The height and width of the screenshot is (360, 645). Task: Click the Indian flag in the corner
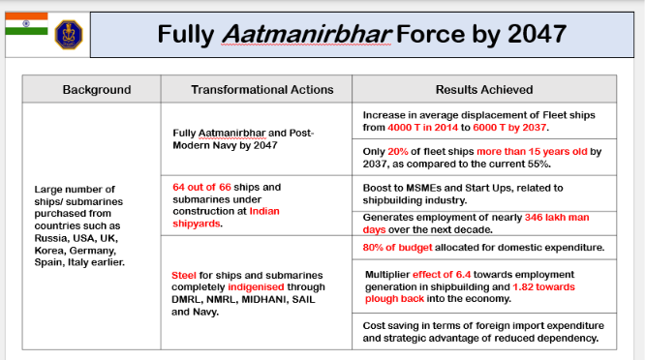pyautogui.click(x=26, y=23)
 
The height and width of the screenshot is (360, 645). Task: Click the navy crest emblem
pyautogui.click(x=69, y=35)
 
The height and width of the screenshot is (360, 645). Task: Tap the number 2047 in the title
pyautogui.click(x=537, y=34)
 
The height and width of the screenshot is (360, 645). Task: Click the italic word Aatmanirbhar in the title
pyautogui.click(x=306, y=34)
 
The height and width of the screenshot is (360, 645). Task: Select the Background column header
pyautogui.click(x=97, y=90)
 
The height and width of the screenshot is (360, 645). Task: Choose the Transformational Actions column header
pyautogui.click(x=262, y=90)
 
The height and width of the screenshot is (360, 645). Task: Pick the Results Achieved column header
pyautogui.click(x=484, y=90)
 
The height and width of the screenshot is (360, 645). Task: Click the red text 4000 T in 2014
pyautogui.click(x=422, y=128)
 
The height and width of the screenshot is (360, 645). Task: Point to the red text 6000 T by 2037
pyautogui.click(x=509, y=128)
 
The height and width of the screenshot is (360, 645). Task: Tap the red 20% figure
pyautogui.click(x=398, y=152)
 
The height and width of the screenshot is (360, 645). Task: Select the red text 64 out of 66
pyautogui.click(x=201, y=187)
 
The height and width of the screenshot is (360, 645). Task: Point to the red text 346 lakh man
pyautogui.click(x=557, y=217)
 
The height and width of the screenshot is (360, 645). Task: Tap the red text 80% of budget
pyautogui.click(x=397, y=248)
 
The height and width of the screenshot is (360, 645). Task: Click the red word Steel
pyautogui.click(x=184, y=276)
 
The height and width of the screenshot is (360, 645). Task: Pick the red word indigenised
pyautogui.click(x=256, y=286)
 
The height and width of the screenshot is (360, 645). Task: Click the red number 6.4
pyautogui.click(x=463, y=275)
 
